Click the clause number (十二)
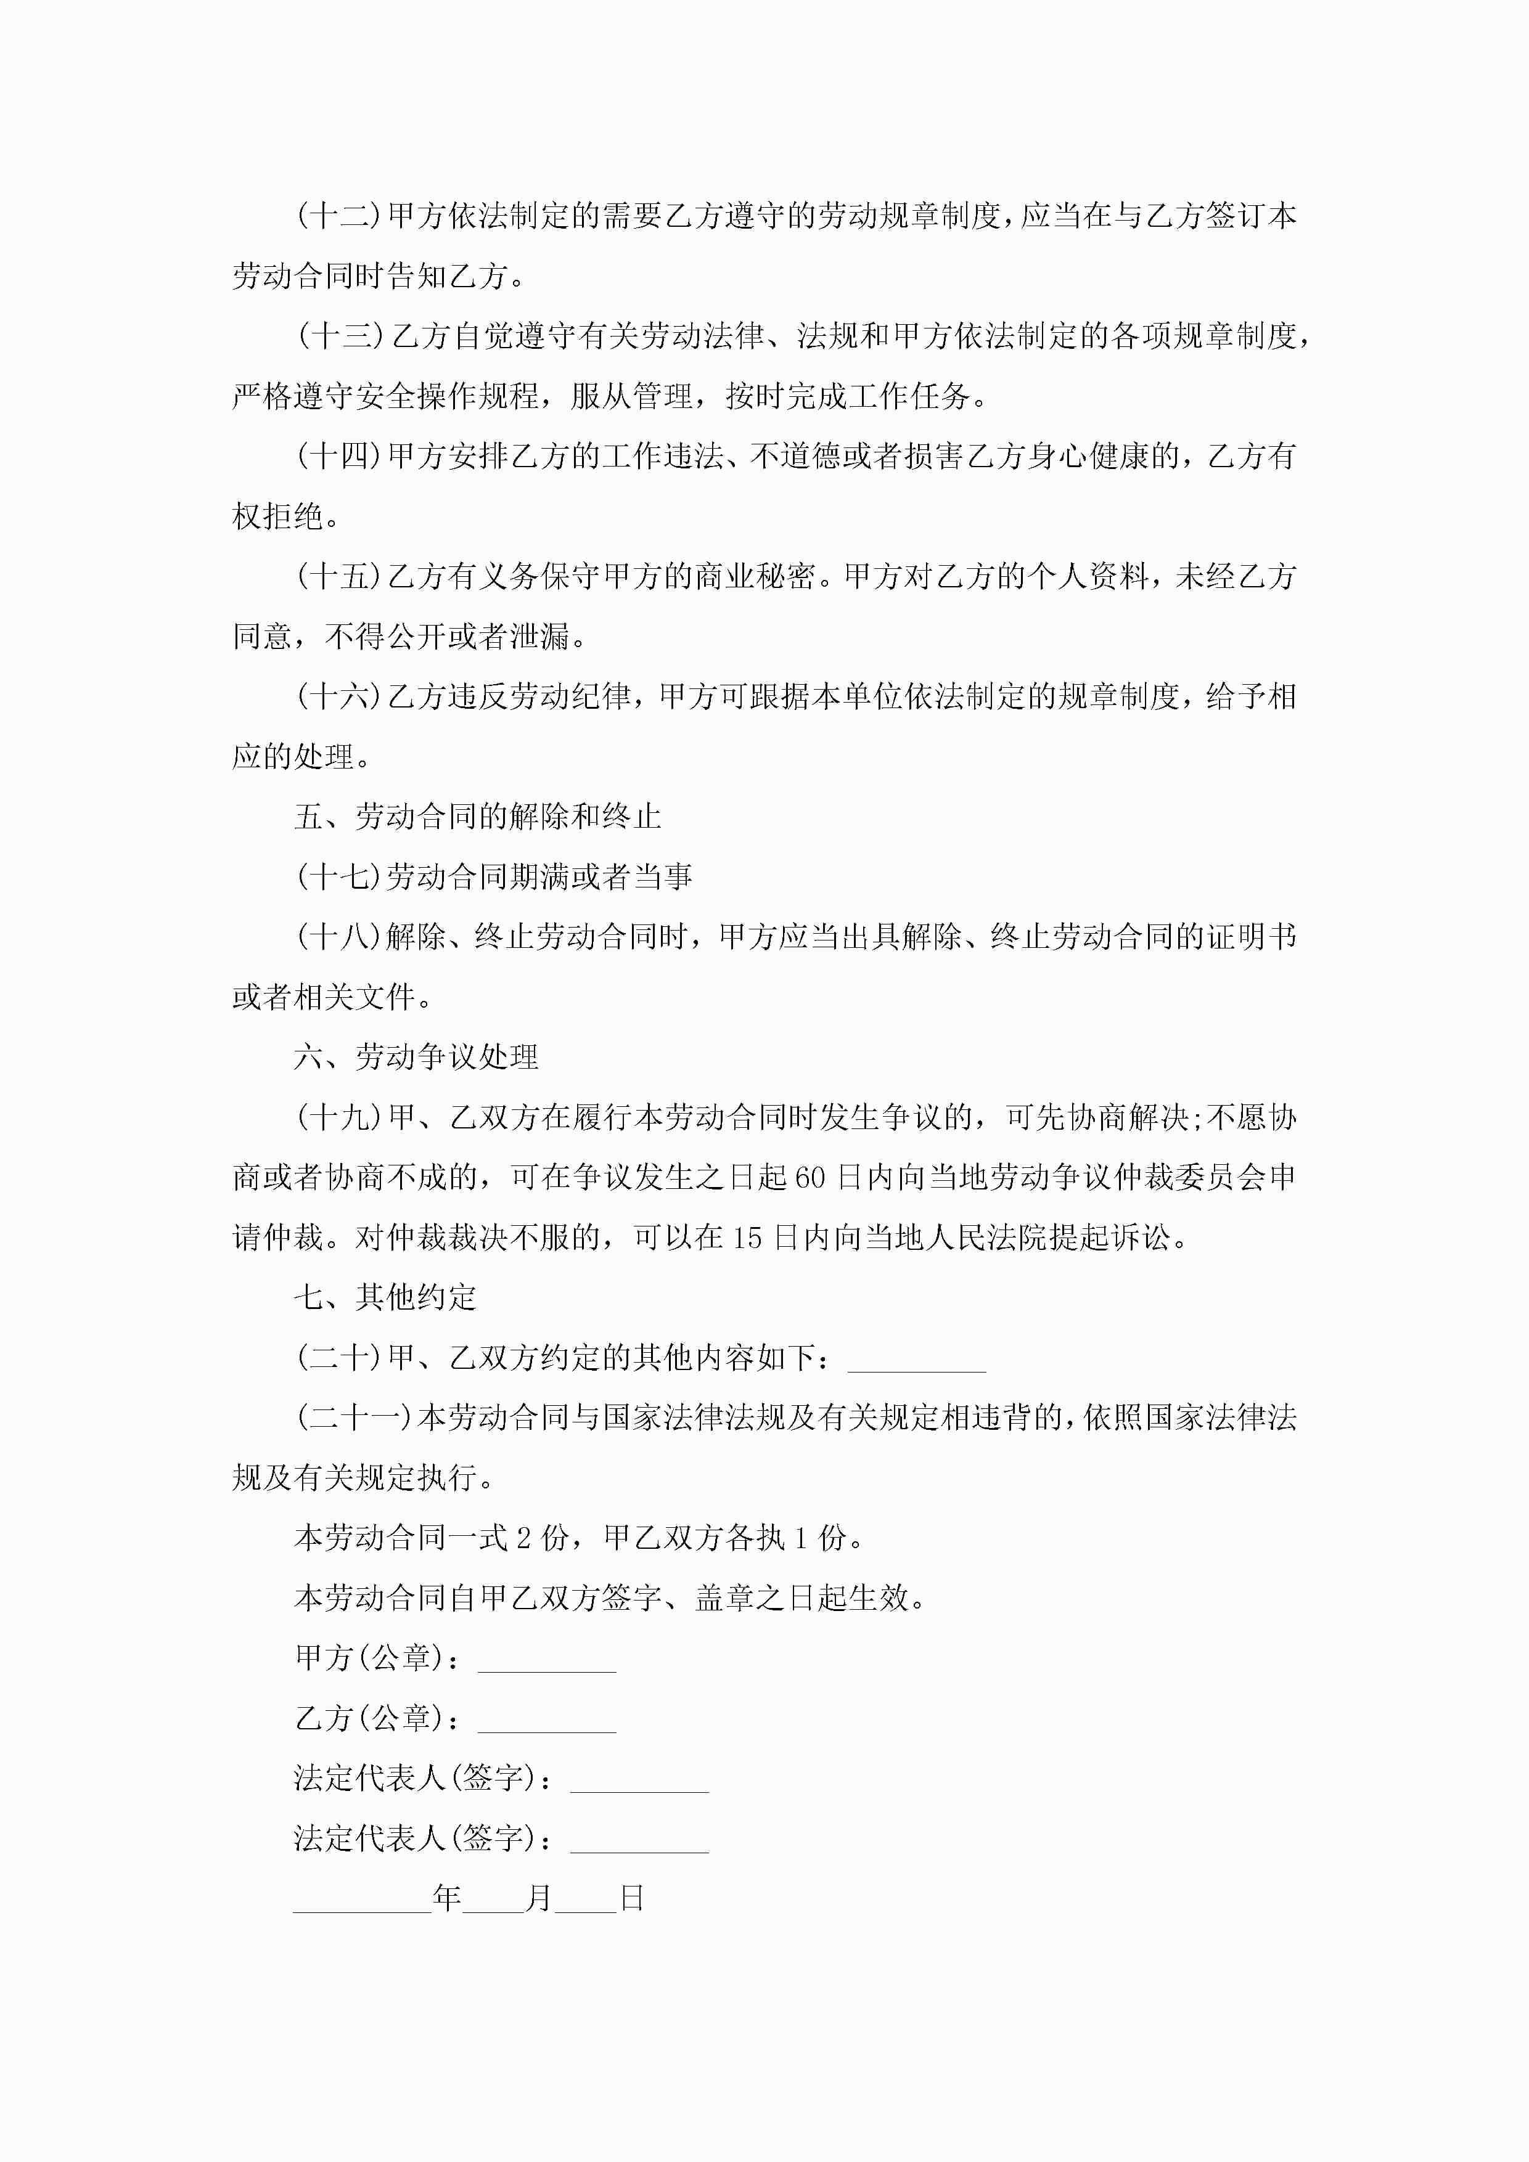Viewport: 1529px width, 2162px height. click(x=340, y=216)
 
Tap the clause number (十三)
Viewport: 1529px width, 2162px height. click(x=340, y=336)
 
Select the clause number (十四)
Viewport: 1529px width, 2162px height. click(x=340, y=457)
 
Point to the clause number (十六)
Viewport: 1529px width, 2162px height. click(x=340, y=697)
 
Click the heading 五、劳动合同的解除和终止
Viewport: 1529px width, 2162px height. click(x=478, y=817)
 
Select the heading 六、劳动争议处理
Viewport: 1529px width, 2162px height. click(x=416, y=1058)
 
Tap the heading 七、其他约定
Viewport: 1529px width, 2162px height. click(x=385, y=1297)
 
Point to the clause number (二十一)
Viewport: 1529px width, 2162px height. click(x=355, y=1418)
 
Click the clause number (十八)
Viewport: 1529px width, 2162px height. click(x=340, y=937)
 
